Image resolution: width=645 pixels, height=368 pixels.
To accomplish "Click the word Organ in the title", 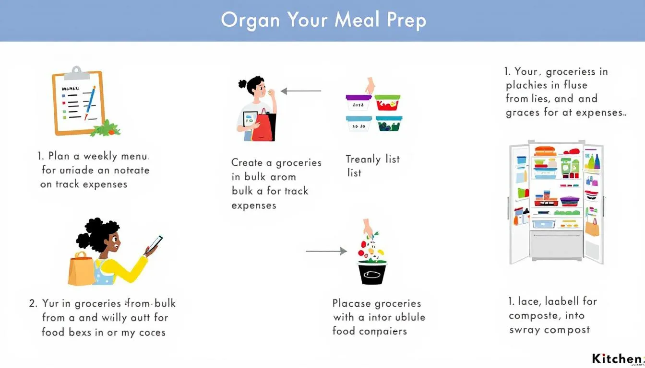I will (251, 20).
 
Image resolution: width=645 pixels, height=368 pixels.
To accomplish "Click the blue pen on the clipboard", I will (90, 102).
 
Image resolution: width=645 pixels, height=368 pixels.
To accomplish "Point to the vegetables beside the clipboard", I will (107, 128).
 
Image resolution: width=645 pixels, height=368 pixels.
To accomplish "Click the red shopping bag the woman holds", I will (262, 125).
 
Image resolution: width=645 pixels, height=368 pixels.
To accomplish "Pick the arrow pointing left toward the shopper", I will (301, 91).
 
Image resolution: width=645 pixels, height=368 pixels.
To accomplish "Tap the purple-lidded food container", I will (358, 103).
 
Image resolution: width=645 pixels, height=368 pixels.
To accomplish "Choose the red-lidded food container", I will (388, 103).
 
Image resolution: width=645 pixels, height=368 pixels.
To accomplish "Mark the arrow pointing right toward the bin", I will (326, 251).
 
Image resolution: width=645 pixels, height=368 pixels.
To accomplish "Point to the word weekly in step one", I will (103, 156).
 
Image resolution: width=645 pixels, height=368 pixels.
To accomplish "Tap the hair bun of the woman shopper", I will (243, 84).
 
